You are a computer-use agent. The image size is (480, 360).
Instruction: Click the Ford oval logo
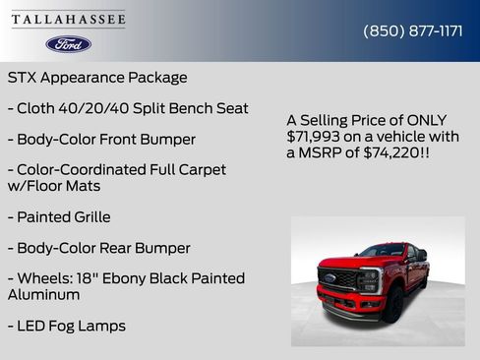pos(68,44)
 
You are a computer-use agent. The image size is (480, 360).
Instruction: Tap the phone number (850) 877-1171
pos(413,30)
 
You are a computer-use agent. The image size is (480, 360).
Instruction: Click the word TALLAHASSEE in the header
pos(68,20)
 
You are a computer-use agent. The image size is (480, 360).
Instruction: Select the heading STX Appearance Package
pos(97,77)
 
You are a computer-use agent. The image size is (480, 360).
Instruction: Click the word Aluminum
pos(44,294)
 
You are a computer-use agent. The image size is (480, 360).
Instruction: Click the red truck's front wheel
pos(393,305)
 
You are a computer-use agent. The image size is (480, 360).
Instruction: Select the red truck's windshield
pos(381,252)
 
